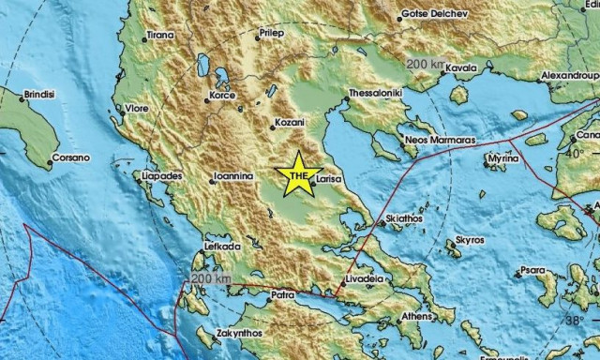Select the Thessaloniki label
[375, 94]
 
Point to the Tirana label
[161, 37]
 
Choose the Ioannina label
[234, 175]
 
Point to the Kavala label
[460, 68]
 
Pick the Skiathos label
[404, 217]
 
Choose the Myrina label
[504, 160]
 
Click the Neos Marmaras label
[440, 139]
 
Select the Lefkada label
[223, 247]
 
